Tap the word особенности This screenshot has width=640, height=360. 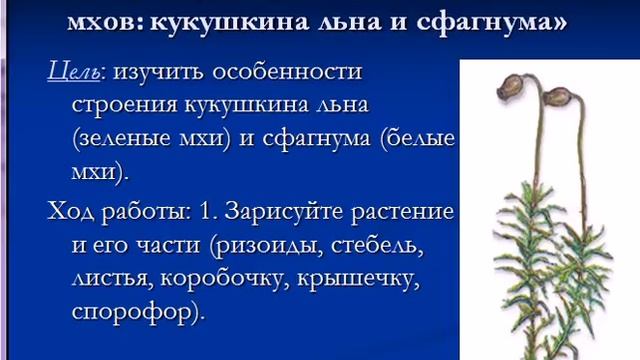point(291,74)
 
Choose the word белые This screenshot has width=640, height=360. point(420,141)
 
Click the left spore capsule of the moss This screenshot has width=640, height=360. point(512,92)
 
